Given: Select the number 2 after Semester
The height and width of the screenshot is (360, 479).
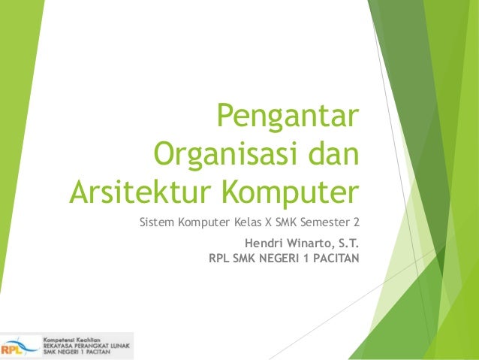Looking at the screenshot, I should coord(357,222).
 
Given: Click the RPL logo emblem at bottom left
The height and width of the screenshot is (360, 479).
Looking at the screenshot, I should coord(19,346).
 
